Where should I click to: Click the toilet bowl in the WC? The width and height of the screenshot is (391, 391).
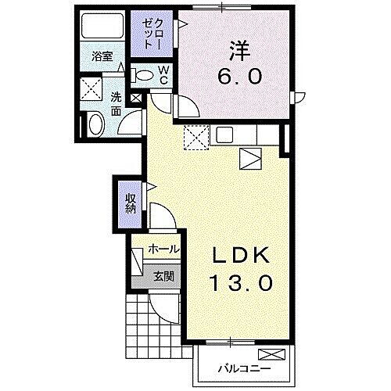(x=144, y=75)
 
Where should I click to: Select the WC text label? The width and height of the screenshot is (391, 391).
(x=165, y=75)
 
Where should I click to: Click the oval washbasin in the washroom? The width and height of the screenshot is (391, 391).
(x=95, y=124)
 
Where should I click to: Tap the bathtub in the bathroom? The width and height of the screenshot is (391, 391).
(x=101, y=30)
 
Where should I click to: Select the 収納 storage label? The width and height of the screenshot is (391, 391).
(x=131, y=203)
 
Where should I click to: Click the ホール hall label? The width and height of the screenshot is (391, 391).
(x=163, y=249)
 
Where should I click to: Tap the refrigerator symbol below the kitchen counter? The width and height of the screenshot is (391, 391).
(x=249, y=159)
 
